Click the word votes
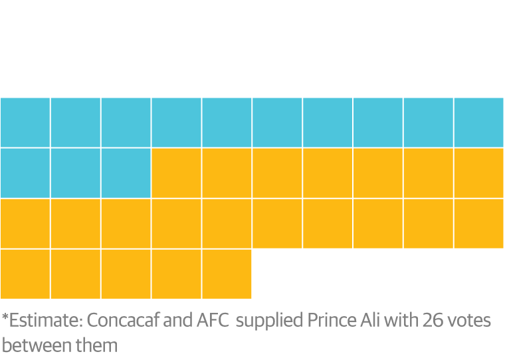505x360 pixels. (x=469, y=321)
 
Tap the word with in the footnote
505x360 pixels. (x=401, y=321)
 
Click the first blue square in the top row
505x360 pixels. (x=25, y=122)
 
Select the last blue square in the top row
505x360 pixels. (x=479, y=122)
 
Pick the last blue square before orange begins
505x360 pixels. (x=126, y=173)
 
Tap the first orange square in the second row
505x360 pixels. (x=176, y=173)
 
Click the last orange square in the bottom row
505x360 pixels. (x=227, y=274)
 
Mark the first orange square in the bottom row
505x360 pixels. (x=25, y=274)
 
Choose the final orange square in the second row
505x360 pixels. (x=479, y=173)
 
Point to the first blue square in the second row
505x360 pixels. (x=25, y=173)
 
